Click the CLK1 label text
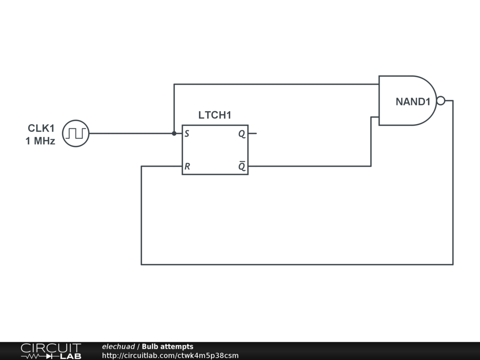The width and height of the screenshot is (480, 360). coord(41,128)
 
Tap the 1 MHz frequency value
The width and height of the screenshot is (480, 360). coord(40,141)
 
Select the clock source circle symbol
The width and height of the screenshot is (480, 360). coord(75,133)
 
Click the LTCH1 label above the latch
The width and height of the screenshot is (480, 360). coord(215,115)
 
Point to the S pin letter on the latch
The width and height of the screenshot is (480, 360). coord(187,134)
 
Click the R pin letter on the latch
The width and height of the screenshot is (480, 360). coord(187,166)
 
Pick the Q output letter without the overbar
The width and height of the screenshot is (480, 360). coord(241,134)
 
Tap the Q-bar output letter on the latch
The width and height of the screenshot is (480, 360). coord(242,166)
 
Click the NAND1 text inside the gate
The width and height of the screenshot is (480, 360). coord(412,102)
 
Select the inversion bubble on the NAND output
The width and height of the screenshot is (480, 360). coord(441,100)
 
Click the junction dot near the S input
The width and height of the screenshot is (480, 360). coord(174,133)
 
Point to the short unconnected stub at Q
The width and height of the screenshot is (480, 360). coord(253,133)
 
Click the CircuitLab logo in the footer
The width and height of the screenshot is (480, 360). coord(51,351)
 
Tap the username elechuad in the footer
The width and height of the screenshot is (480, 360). coord(118,347)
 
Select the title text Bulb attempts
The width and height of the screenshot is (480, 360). coord(167,347)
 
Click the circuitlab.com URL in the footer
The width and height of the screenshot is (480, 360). coord(170,355)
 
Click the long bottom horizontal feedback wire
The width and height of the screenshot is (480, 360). coord(295,264)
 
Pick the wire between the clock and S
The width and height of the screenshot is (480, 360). coord(131,133)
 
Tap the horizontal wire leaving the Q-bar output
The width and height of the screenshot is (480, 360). coord(309,166)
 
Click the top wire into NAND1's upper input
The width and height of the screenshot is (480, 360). coord(277,84)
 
